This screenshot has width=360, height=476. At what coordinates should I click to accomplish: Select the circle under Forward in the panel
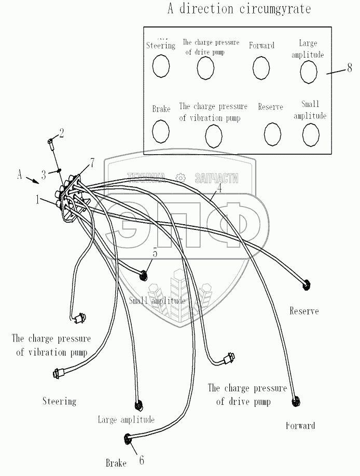coord(261,67)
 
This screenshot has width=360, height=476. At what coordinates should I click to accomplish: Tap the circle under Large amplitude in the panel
coord(309,72)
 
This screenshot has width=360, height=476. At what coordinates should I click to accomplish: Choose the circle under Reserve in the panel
coord(272,134)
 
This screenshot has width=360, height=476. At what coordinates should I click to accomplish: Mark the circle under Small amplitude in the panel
coord(310,135)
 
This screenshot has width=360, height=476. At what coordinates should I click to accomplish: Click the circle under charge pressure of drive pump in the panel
coord(205,67)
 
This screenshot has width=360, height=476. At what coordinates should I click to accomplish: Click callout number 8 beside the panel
coord(349,68)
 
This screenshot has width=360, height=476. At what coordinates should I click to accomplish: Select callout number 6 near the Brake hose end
coord(141,459)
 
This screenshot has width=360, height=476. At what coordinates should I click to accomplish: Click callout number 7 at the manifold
coord(91,163)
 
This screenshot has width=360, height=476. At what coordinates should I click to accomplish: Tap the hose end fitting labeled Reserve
coord(307,284)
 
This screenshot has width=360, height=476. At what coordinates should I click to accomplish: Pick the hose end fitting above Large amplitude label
coord(137,406)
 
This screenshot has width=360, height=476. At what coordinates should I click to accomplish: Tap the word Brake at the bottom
coord(116,463)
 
